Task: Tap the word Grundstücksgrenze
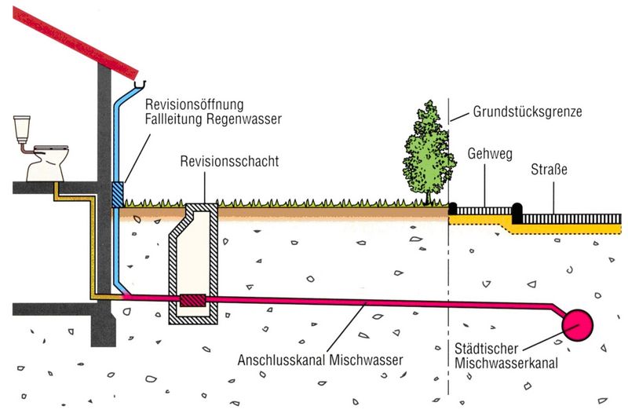[527, 112]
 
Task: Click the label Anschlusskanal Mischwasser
[319, 360]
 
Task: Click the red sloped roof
[78, 31]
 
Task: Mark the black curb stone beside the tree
[452, 210]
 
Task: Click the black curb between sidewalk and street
[517, 210]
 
